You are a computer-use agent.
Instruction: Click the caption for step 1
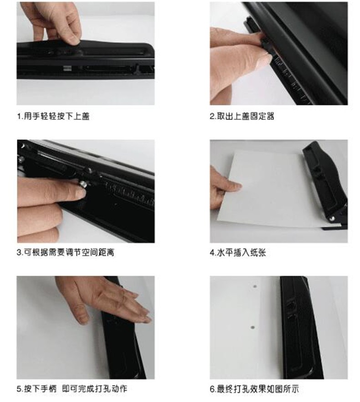[x=53, y=117]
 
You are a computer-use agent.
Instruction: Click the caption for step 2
[x=242, y=116]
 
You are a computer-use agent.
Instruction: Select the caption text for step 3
[x=66, y=253]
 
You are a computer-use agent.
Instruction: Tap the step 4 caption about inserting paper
[x=238, y=253]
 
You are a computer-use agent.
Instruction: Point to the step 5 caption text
[x=72, y=389]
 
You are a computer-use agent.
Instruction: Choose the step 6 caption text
[x=254, y=389]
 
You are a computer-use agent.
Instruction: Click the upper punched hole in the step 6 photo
[x=255, y=286]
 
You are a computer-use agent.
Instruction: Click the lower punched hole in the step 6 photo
[x=252, y=328]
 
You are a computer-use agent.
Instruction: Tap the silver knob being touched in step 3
[x=82, y=183]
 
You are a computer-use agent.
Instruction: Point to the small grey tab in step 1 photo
[x=67, y=68]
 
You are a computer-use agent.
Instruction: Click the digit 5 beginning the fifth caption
[x=19, y=389]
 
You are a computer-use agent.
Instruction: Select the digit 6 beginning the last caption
[x=212, y=389]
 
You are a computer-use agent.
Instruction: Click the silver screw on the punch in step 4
[x=332, y=219]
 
